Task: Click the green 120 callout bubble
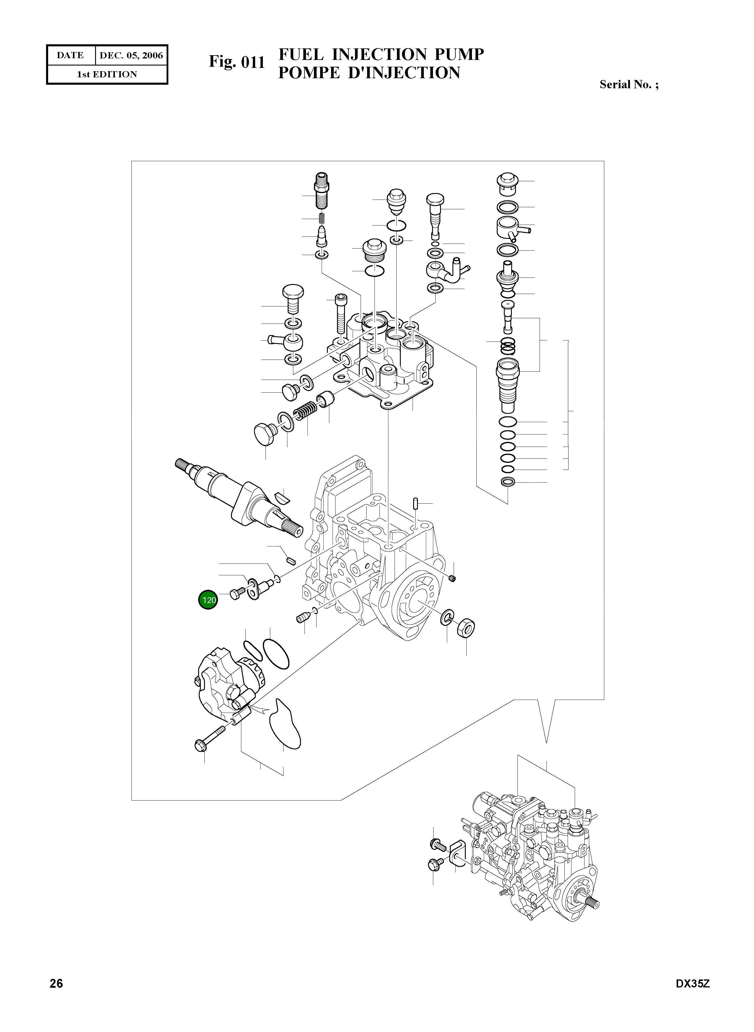coord(208,600)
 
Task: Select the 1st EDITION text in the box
coord(107,74)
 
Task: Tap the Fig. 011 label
coord(237,62)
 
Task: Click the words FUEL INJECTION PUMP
coord(381,54)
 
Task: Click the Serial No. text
coord(628,84)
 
